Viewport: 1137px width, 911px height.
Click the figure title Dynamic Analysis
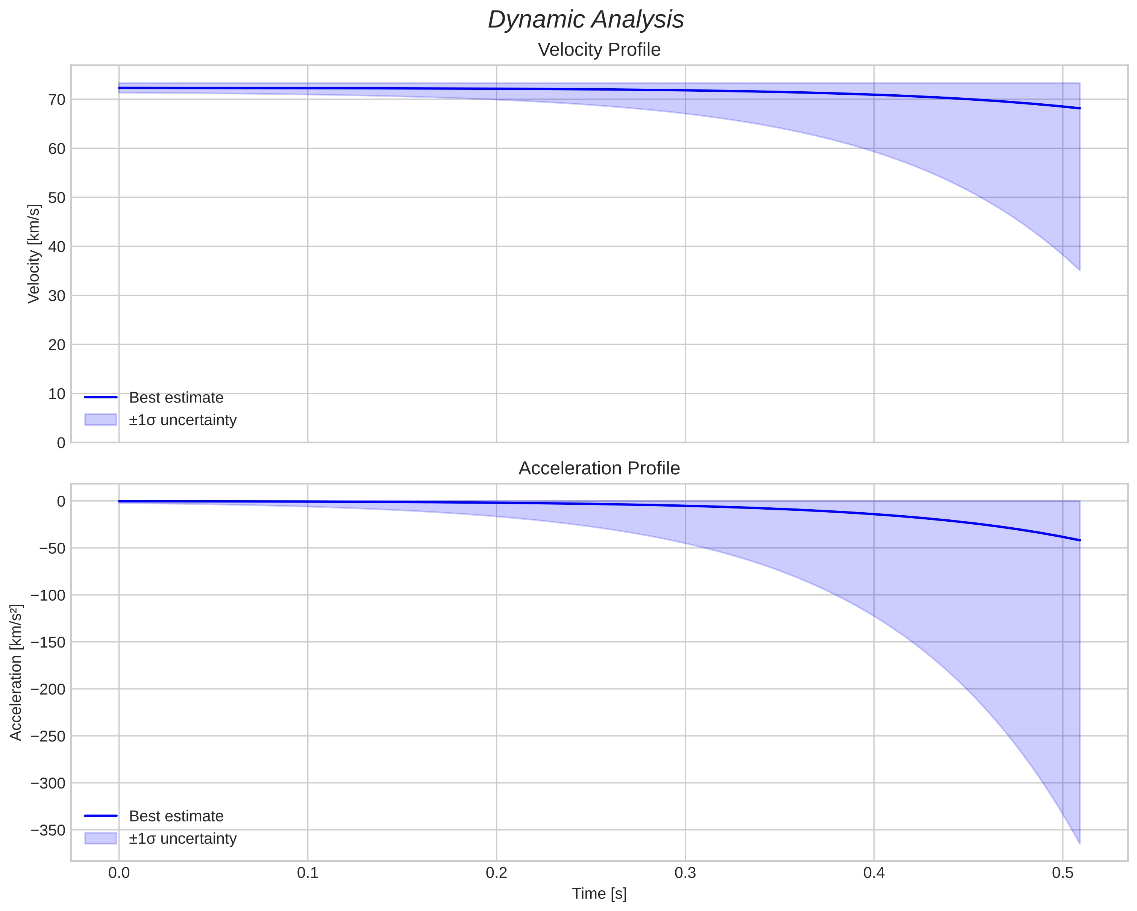(585, 20)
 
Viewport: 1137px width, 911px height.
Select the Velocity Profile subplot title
(599, 50)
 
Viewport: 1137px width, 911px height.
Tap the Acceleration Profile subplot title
(599, 468)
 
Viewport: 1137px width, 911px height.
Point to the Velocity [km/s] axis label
(34, 254)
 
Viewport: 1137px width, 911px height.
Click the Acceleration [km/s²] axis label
(16, 672)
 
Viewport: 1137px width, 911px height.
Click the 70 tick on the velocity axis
(57, 100)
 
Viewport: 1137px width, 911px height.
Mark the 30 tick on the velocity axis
(57, 296)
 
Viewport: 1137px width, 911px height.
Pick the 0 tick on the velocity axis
(61, 443)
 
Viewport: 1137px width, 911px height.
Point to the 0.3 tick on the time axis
(685, 873)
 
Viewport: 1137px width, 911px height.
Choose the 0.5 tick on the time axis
(1062, 873)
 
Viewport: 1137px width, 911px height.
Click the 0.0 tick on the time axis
(119, 873)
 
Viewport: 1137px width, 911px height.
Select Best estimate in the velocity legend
(176, 398)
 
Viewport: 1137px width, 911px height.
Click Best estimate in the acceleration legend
(176, 816)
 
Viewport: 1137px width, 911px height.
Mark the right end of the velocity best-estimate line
(1079, 108)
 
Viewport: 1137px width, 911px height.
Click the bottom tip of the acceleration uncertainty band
(1079, 843)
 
